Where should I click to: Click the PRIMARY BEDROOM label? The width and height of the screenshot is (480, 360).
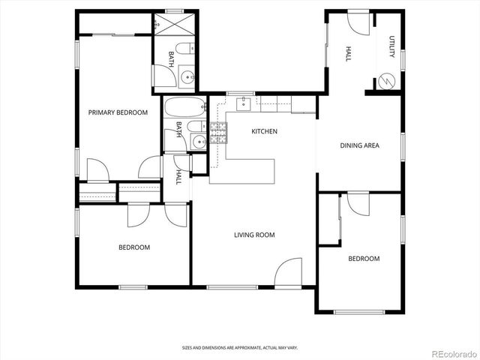pos(118,112)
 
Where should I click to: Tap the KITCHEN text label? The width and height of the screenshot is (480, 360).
pos(264,131)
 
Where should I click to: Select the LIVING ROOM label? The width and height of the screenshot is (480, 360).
pos(254,235)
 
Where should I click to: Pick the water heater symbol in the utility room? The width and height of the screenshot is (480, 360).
pos(387,80)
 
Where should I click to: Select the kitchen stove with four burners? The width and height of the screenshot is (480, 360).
pos(217,133)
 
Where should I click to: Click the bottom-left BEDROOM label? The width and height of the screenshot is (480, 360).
pos(134,247)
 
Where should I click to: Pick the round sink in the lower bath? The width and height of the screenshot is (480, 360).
pos(198,142)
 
